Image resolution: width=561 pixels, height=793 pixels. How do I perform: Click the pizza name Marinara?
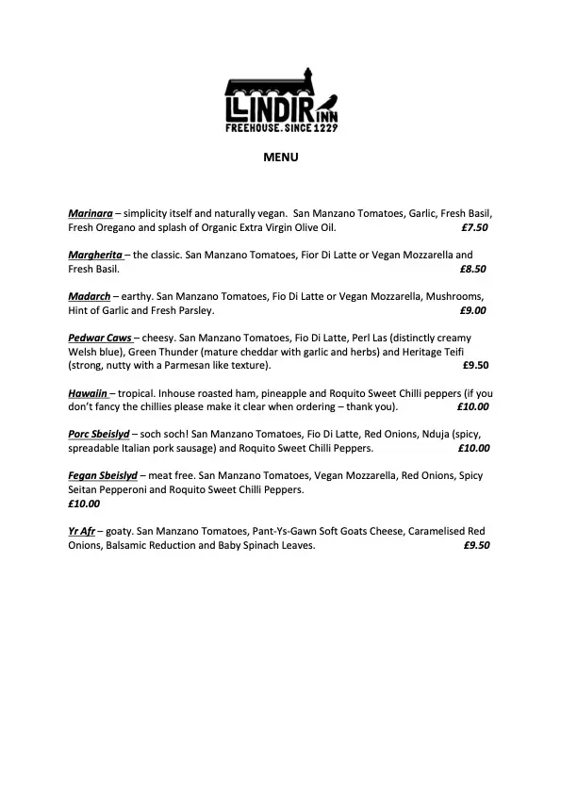pyautogui.click(x=91, y=214)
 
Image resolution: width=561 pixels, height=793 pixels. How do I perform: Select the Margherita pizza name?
pyautogui.click(x=95, y=256)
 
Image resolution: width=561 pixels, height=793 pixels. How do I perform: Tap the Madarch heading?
pyautogui.click(x=90, y=296)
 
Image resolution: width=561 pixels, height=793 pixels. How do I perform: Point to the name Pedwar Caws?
pyautogui.click(x=99, y=338)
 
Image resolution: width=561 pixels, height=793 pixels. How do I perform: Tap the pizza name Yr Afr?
pyautogui.click(x=82, y=532)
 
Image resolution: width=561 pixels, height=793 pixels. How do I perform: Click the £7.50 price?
pyautogui.click(x=473, y=228)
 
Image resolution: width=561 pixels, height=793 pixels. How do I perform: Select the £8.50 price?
pyautogui.click(x=473, y=269)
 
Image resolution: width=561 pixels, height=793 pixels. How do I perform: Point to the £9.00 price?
pyautogui.click(x=473, y=310)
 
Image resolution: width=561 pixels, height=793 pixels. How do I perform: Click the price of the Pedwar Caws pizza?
pyautogui.click(x=476, y=365)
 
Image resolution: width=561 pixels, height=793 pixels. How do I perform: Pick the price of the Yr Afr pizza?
pyautogui.click(x=476, y=545)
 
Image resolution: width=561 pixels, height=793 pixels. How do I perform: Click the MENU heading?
pyautogui.click(x=280, y=157)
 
